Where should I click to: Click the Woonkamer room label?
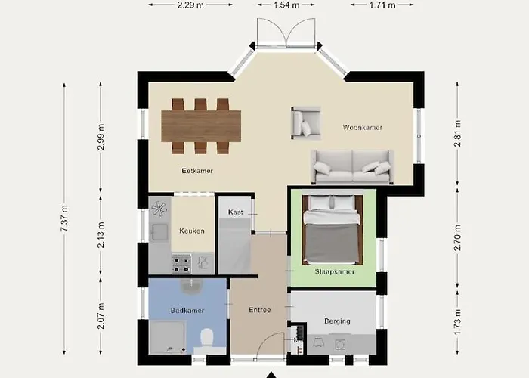pyautogui.click(x=362, y=128)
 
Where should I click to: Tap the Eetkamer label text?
pyautogui.click(x=197, y=171)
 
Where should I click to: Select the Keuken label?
pyautogui.click(x=191, y=231)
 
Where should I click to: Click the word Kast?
pyautogui.click(x=235, y=212)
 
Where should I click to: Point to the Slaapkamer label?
pyautogui.click(x=333, y=270)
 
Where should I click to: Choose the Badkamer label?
pyautogui.click(x=187, y=311)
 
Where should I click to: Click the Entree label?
pyautogui.click(x=260, y=310)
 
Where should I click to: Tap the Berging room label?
pyautogui.click(x=337, y=321)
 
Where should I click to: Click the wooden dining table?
pyautogui.click(x=201, y=125)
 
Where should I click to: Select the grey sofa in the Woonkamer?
pyautogui.click(x=352, y=166)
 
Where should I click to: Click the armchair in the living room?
pyautogui.click(x=305, y=122)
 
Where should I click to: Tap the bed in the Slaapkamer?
pyautogui.click(x=333, y=231)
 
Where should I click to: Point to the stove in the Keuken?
pyautogui.click(x=181, y=263)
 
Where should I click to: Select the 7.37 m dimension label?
pyautogui.click(x=65, y=219)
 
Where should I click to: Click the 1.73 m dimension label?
pyautogui.click(x=458, y=320)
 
